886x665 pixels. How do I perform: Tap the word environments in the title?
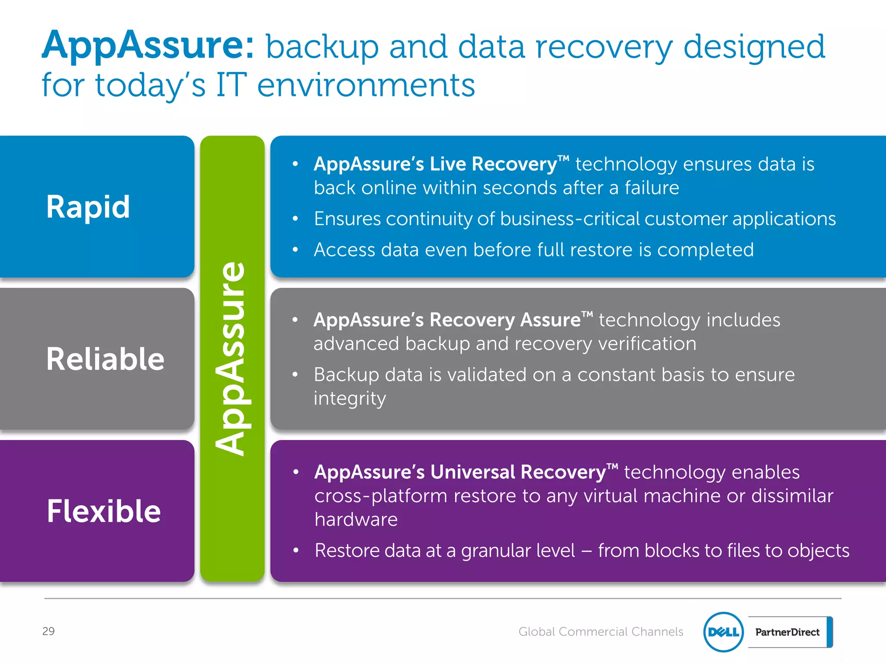366,85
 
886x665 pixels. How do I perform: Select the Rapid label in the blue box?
88,207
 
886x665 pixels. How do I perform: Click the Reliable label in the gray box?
105,359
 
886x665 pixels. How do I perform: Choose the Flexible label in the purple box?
104,511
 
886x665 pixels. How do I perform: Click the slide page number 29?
48,631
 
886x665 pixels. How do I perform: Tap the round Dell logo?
723,632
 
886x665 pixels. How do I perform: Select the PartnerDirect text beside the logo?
787,632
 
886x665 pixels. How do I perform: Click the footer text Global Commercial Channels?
600,632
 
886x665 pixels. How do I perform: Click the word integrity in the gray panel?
350,398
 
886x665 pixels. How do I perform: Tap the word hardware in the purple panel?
356,519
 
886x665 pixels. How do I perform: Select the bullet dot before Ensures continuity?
295,219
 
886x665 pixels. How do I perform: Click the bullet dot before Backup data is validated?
295,374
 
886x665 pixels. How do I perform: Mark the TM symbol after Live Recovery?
563,159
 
